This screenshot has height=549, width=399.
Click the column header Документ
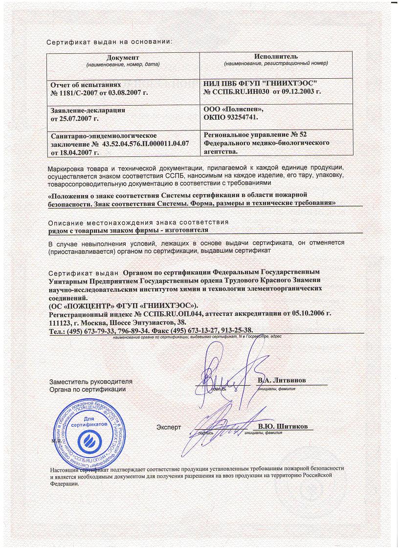pyautogui.click(x=123, y=58)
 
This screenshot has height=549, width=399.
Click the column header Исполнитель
pyautogui.click(x=276, y=57)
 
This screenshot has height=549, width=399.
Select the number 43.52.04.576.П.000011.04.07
pyautogui.click(x=146, y=145)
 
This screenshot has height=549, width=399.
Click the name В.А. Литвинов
pyautogui.click(x=284, y=380)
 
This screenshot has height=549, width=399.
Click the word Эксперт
pyautogui.click(x=169, y=427)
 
